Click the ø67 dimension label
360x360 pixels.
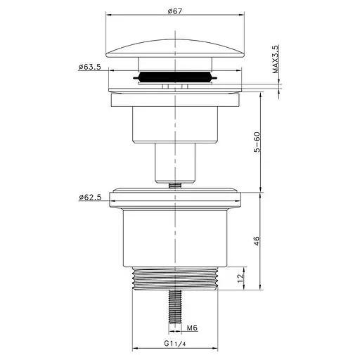(x=174, y=11)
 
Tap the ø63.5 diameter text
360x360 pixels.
(x=89, y=67)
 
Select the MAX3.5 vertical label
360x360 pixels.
(x=276, y=60)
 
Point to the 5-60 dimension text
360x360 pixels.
(x=257, y=142)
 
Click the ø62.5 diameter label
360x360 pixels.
(x=90, y=198)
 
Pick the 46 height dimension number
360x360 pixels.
(x=257, y=241)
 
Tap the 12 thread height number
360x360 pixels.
(x=240, y=278)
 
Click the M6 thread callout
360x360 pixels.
(x=192, y=328)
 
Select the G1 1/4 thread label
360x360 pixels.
(x=175, y=344)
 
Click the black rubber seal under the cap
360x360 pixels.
(x=175, y=77)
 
